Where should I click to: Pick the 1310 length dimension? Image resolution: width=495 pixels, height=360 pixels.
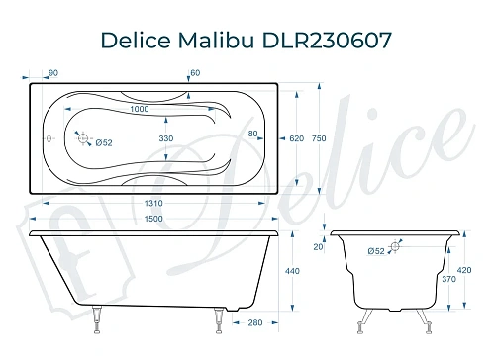pyautogui.click(x=146, y=204)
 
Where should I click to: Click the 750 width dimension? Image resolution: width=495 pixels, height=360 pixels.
pyautogui.click(x=318, y=139)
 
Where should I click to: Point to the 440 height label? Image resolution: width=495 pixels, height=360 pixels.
pyautogui.click(x=292, y=271)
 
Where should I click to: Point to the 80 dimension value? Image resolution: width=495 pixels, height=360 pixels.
pyautogui.click(x=253, y=134)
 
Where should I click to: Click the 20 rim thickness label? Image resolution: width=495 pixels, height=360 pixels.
pyautogui.click(x=318, y=247)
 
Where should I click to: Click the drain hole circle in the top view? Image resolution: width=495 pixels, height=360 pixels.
pyautogui.click(x=83, y=139)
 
